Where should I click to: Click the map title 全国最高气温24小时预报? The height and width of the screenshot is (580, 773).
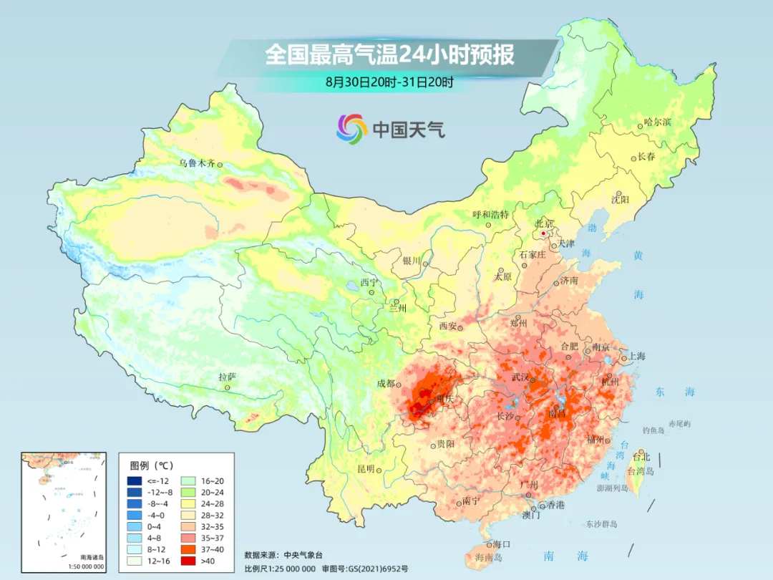(x=389, y=55)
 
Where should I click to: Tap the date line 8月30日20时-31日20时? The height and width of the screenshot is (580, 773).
(x=389, y=82)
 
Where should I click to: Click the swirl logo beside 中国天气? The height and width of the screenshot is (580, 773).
(x=351, y=129)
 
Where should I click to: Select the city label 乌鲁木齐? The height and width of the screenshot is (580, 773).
(x=196, y=163)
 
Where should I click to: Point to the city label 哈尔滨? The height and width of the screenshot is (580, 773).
(x=658, y=122)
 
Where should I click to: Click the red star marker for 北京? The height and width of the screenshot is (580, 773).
(x=544, y=233)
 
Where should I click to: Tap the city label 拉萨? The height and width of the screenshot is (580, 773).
(x=226, y=377)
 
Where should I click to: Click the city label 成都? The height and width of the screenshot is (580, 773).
(x=385, y=383)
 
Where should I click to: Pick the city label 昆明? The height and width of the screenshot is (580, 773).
(x=365, y=468)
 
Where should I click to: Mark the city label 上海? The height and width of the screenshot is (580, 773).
(x=636, y=356)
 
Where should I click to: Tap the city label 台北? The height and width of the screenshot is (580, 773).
(x=641, y=456)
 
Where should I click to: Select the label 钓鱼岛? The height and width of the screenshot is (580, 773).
(x=654, y=430)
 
